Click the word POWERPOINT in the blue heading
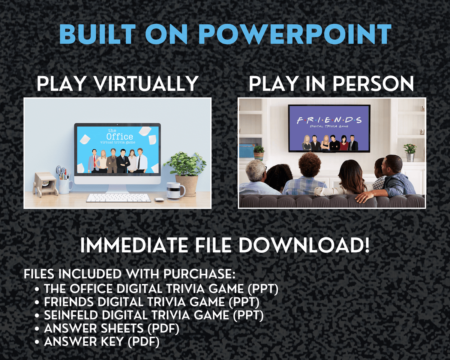tap(294, 34)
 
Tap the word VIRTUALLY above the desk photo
tap(146, 84)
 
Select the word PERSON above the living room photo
tap(373, 84)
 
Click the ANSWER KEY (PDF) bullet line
tap(102, 342)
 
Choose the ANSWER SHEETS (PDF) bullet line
tap(112, 328)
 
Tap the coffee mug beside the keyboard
tap(175, 189)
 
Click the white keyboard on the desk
tap(119, 198)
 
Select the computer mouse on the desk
tap(160, 199)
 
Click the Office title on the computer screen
tap(119, 136)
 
